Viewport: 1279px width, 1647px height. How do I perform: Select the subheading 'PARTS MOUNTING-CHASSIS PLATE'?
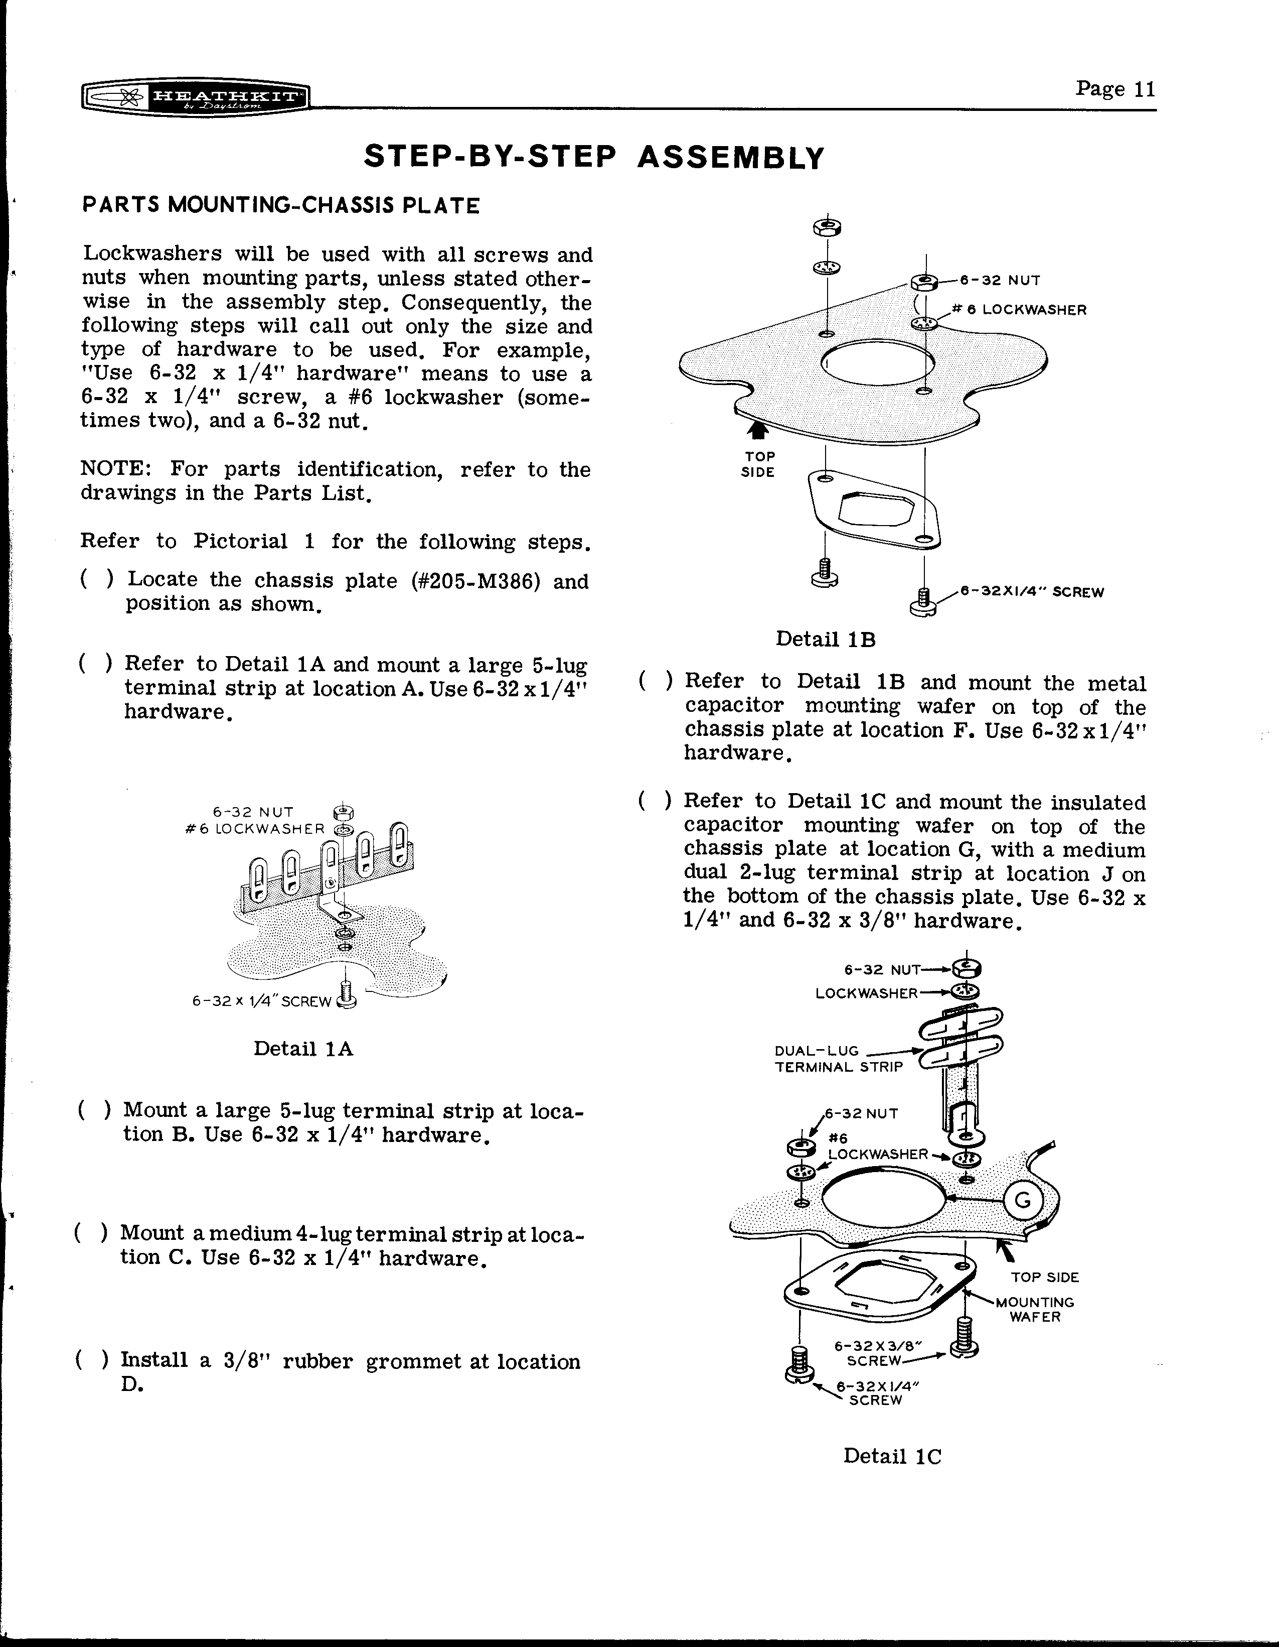[280, 206]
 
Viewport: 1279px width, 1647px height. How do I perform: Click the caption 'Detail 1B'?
[825, 640]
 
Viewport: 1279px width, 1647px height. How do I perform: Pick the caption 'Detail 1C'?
[892, 1456]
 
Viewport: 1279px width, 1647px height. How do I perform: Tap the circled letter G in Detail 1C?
[1023, 1199]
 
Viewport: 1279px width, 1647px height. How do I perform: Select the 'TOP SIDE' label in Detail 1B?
[759, 464]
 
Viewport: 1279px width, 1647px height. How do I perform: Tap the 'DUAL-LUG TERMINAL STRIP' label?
[838, 1059]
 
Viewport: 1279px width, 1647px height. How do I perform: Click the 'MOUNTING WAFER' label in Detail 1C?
[1035, 1309]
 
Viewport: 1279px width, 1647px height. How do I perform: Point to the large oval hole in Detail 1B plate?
[877, 364]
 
